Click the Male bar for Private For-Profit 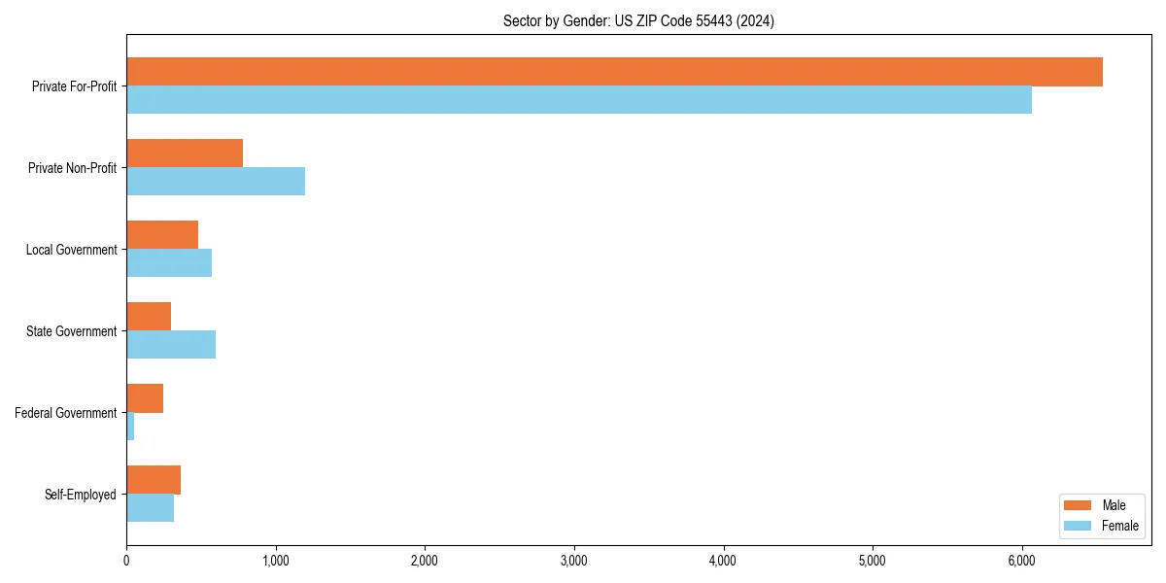tap(614, 72)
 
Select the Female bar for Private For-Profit tap(579, 100)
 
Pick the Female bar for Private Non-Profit tap(216, 182)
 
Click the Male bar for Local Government tap(162, 235)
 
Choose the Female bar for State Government tap(171, 345)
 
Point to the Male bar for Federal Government tap(145, 398)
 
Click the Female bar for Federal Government tap(130, 427)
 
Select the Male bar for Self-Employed tap(154, 480)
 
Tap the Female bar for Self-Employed tap(151, 508)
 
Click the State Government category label tap(71, 331)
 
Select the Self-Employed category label tap(81, 495)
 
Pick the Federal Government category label tap(65, 413)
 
